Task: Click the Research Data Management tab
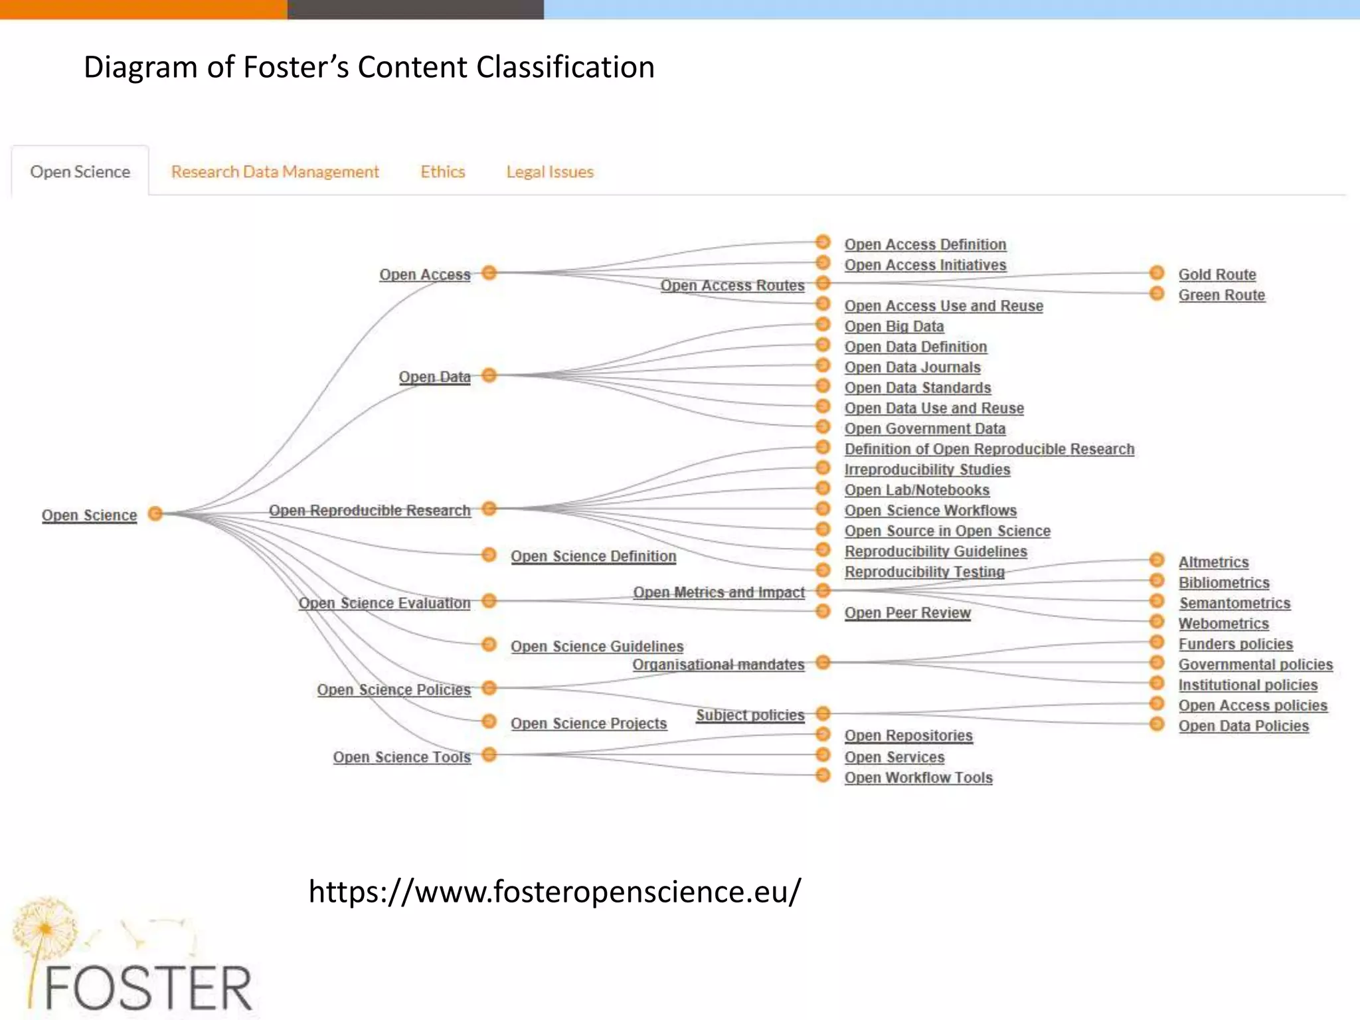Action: [x=275, y=172]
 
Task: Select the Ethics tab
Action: [x=442, y=172]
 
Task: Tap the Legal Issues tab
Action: [x=550, y=172]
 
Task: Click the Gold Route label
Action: [x=1217, y=274]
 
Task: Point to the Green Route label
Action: [x=1221, y=295]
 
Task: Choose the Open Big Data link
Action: [x=894, y=326]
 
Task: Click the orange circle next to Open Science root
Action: [x=155, y=513]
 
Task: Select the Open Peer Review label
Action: [x=907, y=612]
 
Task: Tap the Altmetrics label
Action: [x=1213, y=562]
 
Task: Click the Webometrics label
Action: [x=1223, y=624]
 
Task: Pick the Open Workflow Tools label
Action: [x=918, y=777]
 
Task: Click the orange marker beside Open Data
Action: [x=489, y=375]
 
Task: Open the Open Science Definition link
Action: [x=593, y=556]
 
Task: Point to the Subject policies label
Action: [x=750, y=715]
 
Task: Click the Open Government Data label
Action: [x=924, y=428]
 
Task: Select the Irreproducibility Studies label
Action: [x=927, y=469]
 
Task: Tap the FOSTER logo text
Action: [x=148, y=987]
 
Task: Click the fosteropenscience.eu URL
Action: [x=554, y=891]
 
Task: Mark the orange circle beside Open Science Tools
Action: [x=489, y=754]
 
